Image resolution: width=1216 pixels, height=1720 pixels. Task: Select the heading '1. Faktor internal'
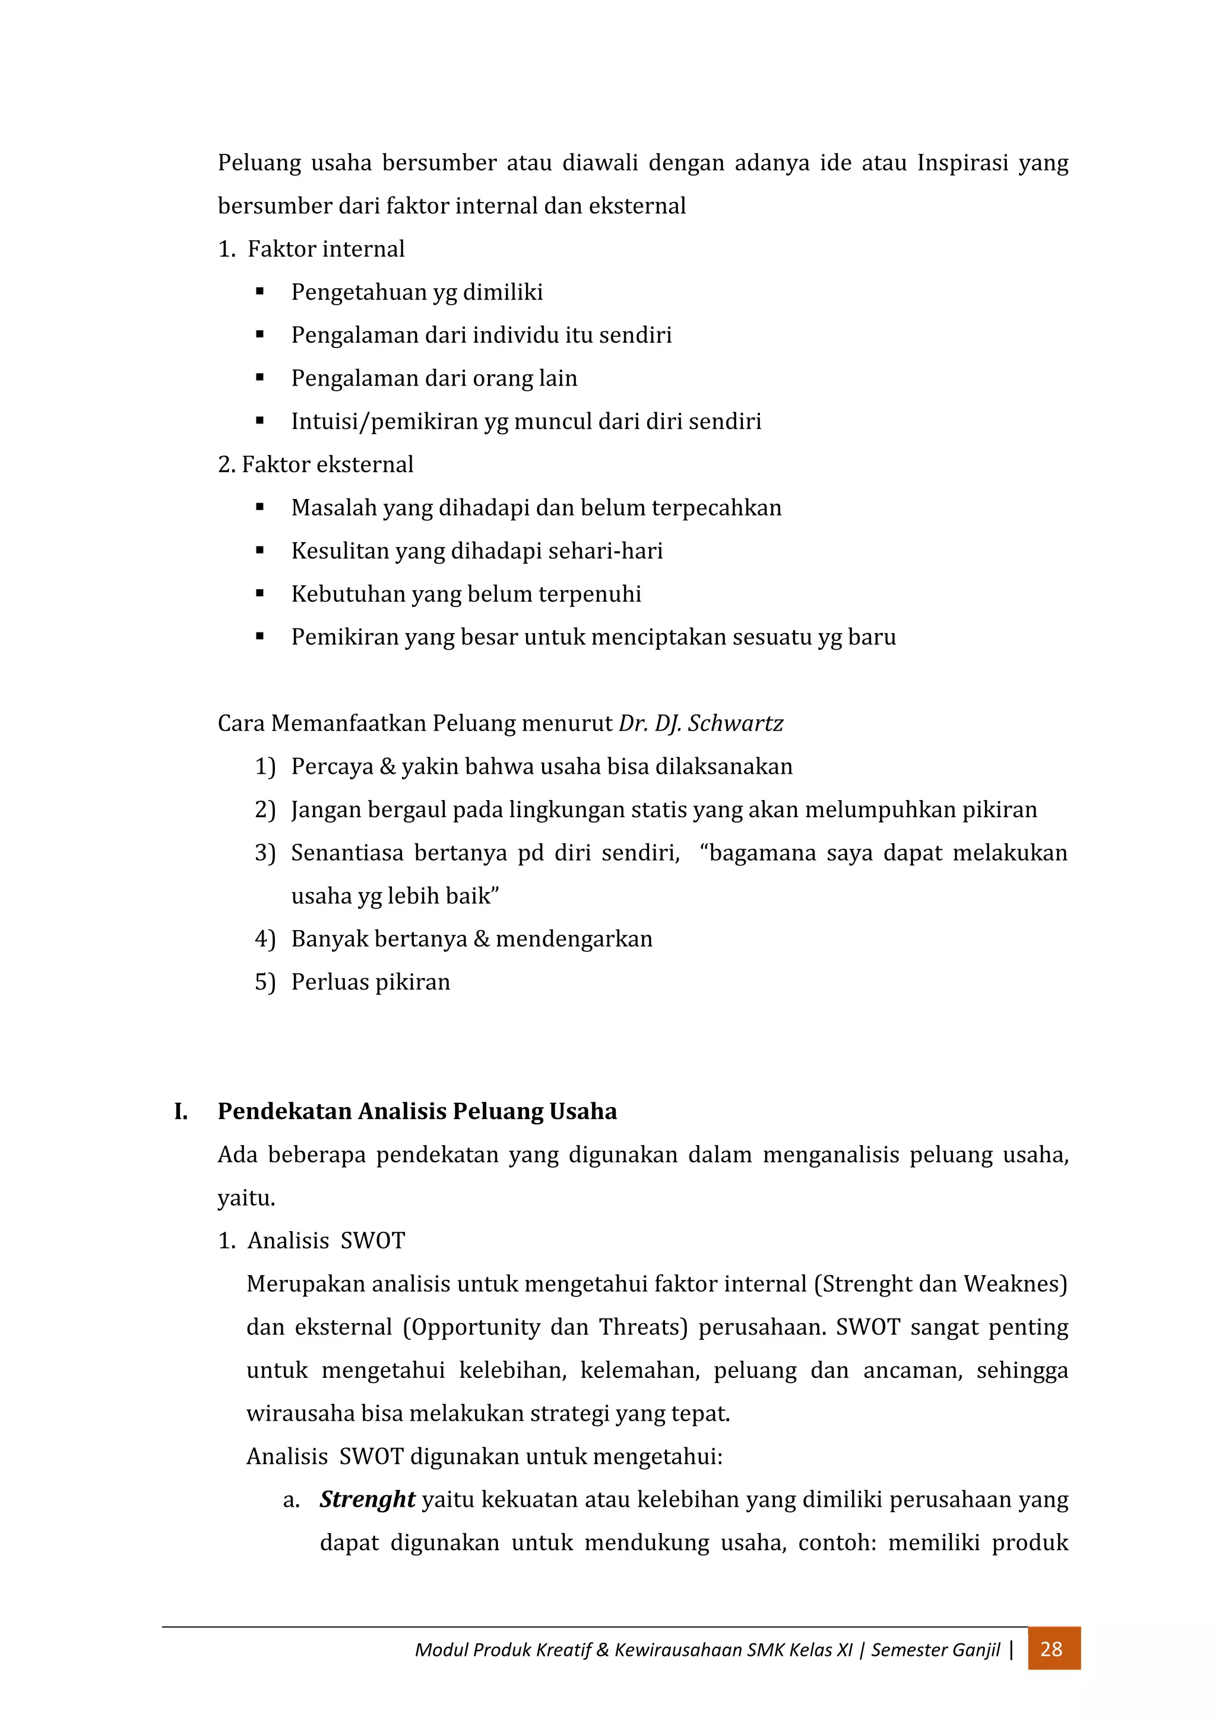click(x=311, y=249)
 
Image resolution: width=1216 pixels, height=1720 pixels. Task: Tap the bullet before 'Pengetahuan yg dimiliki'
click(x=260, y=292)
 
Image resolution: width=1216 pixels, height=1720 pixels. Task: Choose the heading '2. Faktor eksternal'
click(x=315, y=464)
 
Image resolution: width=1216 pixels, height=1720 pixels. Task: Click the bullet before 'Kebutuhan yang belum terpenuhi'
click(x=260, y=593)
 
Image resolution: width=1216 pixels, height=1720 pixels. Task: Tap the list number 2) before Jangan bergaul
click(x=265, y=810)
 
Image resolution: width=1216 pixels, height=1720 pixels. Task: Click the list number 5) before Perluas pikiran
click(x=265, y=982)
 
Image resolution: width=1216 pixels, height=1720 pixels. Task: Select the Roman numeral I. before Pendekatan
click(x=181, y=1111)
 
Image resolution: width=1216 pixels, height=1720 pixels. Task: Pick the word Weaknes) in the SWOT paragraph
click(x=1015, y=1284)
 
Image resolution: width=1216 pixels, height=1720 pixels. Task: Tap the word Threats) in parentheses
click(x=643, y=1327)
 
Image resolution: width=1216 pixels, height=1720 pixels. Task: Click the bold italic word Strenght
click(x=367, y=1499)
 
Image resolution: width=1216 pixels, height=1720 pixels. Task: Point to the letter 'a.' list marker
click(x=292, y=1500)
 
